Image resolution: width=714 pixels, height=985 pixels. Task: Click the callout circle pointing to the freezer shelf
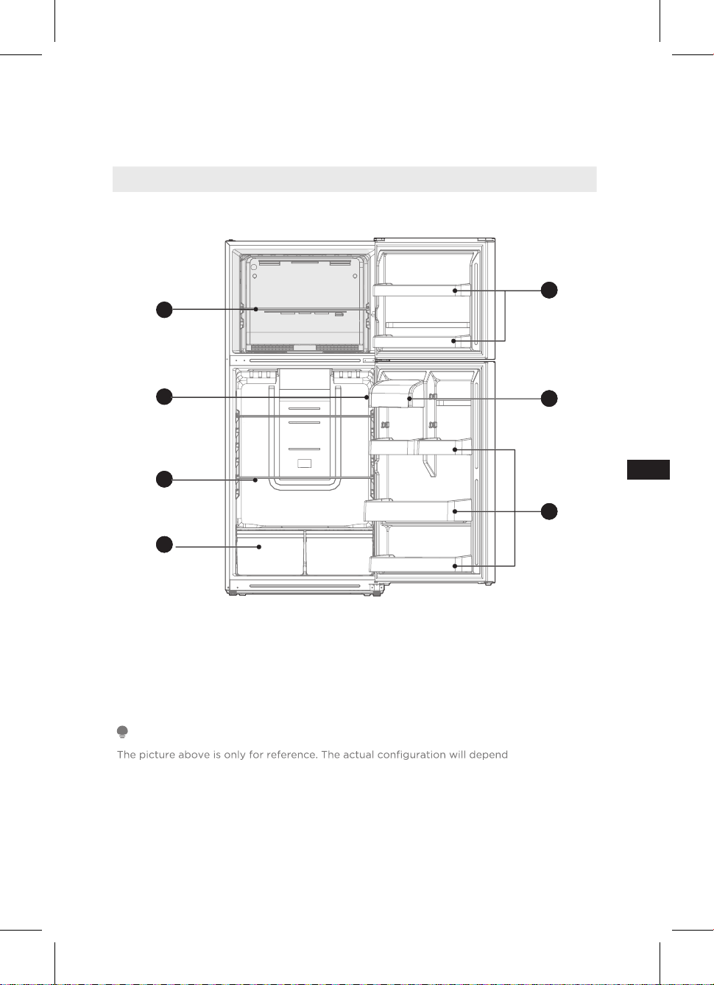[164, 310]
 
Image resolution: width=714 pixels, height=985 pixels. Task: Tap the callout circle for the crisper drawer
[164, 544]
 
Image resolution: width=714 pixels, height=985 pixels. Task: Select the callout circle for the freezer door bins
[548, 290]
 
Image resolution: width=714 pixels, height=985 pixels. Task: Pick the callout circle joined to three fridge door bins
[548, 511]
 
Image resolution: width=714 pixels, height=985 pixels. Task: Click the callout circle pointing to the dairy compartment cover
[548, 399]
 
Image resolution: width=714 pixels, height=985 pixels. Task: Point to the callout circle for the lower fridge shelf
[164, 479]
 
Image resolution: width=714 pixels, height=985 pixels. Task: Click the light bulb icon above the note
[122, 732]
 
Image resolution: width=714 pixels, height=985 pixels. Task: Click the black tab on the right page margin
[648, 469]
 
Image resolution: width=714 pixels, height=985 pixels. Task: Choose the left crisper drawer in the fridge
[269, 552]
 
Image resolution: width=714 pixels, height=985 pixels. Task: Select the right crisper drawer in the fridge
[339, 552]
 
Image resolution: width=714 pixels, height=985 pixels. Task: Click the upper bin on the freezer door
[422, 290]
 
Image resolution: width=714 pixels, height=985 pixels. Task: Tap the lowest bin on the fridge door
[420, 563]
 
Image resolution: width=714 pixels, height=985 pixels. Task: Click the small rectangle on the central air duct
[305, 463]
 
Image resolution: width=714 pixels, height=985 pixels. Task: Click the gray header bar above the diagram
[354, 179]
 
